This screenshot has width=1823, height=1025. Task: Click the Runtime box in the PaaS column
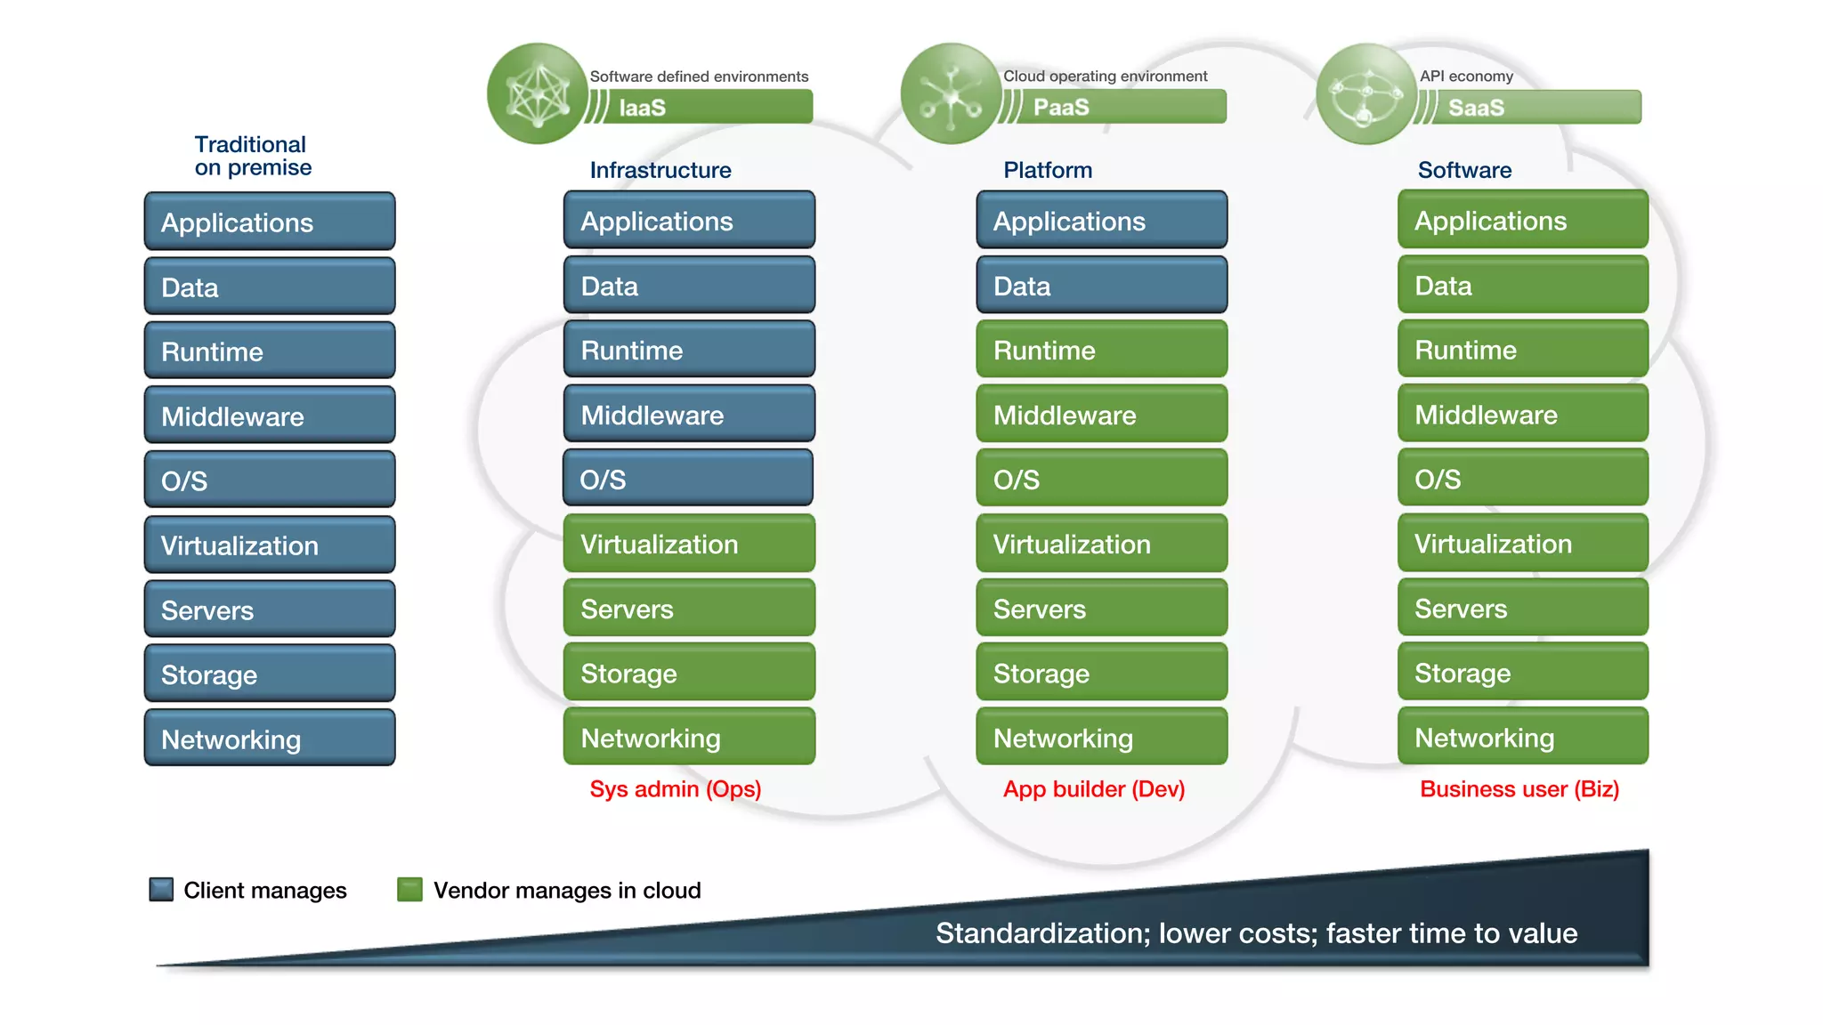pos(1101,350)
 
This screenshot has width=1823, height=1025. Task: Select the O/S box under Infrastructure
pos(688,479)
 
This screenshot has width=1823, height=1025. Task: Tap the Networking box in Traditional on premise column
pos(270,738)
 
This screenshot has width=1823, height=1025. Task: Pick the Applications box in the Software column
pos(1522,220)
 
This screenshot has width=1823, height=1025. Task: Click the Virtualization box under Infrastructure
pos(688,544)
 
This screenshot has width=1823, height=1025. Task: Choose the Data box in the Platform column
pos(1101,286)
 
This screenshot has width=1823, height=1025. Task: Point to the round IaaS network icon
pos(538,93)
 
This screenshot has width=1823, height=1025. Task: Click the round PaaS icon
pos(951,93)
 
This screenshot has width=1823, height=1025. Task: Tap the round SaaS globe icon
pos(1365,93)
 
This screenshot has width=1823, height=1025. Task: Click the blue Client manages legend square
pos(161,889)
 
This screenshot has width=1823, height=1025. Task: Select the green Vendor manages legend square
pos(409,889)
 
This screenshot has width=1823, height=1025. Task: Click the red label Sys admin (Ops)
pos(675,789)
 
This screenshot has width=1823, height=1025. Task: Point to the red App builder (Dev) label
pos(1093,789)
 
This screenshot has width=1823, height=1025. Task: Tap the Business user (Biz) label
pos(1519,789)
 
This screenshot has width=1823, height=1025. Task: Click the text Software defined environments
pos(699,77)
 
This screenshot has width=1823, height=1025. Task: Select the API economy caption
pos(1465,77)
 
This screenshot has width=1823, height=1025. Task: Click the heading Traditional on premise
pos(253,156)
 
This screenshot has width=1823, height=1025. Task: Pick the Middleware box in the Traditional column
pos(270,416)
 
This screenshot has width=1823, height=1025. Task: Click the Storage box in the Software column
pos(1522,673)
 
